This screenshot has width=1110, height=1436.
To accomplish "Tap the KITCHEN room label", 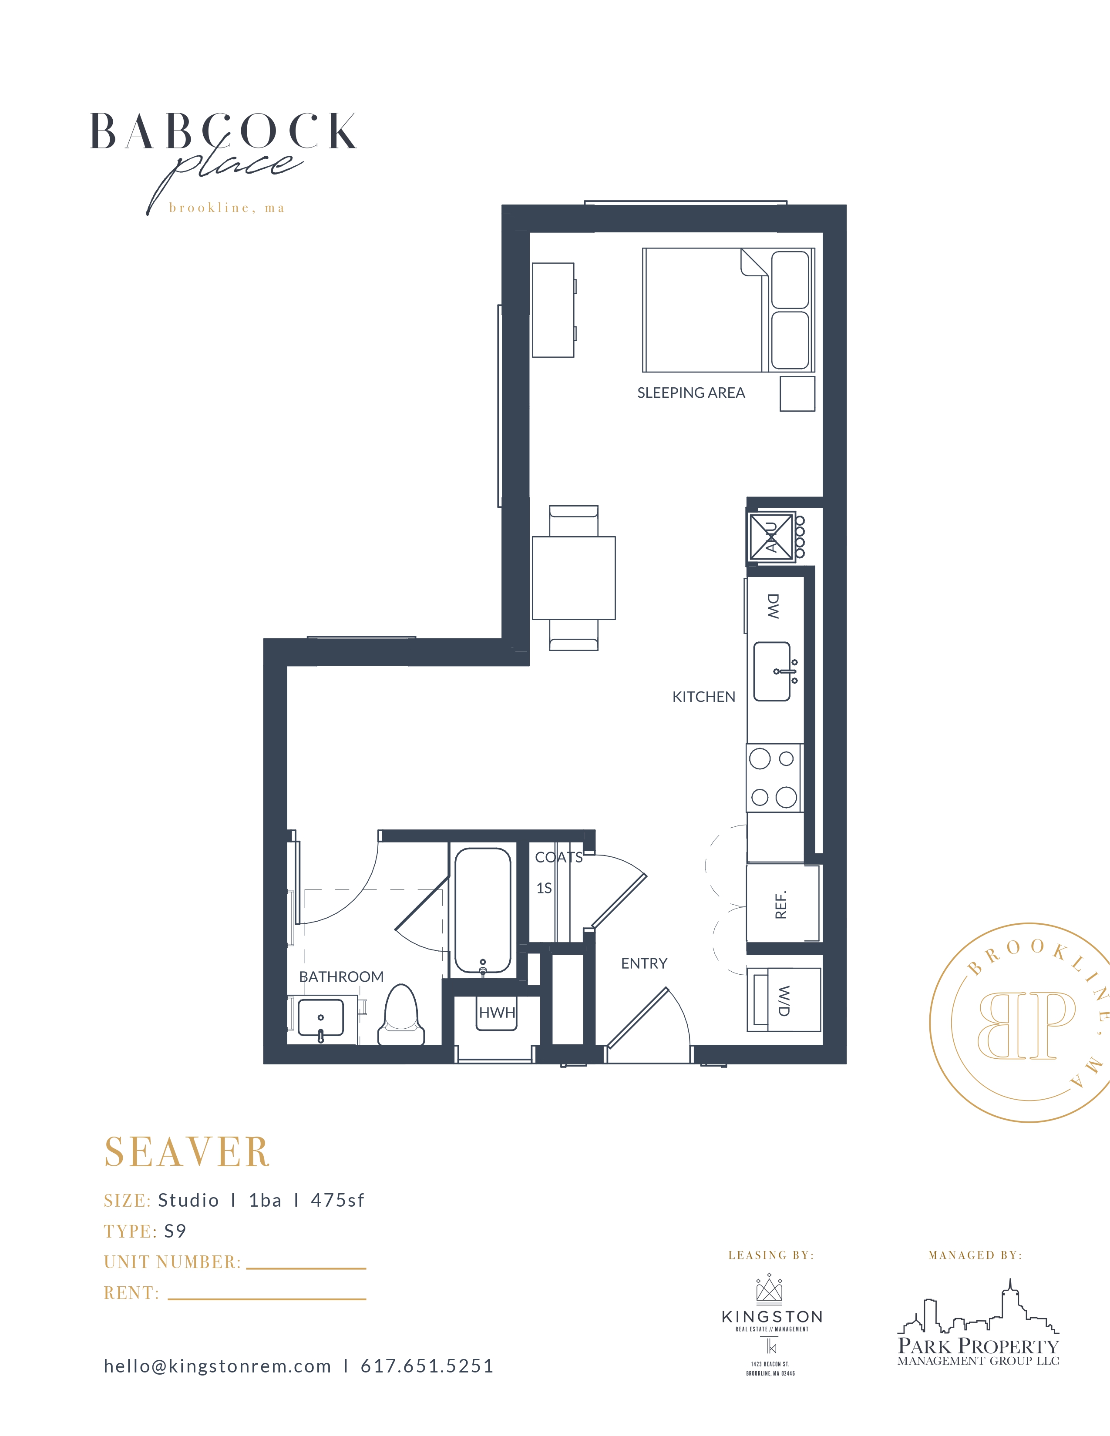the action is (x=703, y=697).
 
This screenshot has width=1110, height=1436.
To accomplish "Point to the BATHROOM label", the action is (x=341, y=977).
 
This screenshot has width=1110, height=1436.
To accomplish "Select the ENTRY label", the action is (x=644, y=963).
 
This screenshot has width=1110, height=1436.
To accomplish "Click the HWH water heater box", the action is (x=497, y=1013).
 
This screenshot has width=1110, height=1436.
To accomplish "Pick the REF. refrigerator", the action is (x=783, y=905).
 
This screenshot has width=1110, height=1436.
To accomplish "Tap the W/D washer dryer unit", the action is (x=784, y=1000).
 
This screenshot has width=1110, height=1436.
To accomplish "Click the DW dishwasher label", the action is (x=774, y=606).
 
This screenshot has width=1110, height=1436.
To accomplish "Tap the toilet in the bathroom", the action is (x=401, y=1014).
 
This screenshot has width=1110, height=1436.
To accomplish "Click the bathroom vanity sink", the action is (x=321, y=1018).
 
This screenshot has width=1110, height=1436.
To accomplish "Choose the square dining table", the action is (x=573, y=578).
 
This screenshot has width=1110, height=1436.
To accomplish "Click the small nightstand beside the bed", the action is (x=797, y=394).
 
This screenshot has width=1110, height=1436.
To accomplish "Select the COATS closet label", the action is (x=558, y=857).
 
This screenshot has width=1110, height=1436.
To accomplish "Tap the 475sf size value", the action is (x=337, y=1201).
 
